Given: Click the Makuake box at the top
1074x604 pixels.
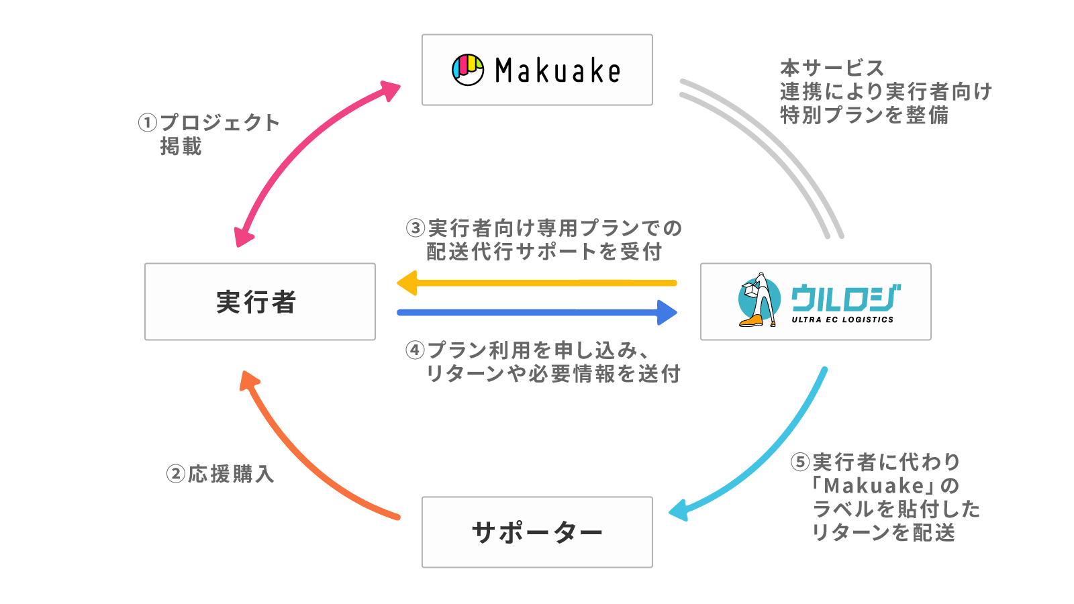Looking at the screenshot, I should click(x=537, y=70).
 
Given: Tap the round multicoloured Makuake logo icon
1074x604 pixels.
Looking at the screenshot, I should click(x=468, y=70).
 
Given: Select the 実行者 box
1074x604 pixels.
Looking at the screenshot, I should click(x=260, y=301).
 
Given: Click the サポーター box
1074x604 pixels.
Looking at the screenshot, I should click(x=537, y=532).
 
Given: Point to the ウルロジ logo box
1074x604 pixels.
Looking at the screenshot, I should click(x=816, y=301).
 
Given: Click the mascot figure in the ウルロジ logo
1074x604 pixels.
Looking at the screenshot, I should click(x=759, y=300).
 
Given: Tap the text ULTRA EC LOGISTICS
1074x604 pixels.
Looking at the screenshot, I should click(x=842, y=320).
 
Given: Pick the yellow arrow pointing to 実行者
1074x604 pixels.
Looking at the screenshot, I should click(x=537, y=283).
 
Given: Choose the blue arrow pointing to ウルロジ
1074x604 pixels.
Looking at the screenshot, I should click(x=537, y=312).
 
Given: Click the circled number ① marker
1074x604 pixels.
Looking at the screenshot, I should click(x=148, y=123).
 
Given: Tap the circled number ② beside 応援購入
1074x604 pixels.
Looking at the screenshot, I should click(x=175, y=474).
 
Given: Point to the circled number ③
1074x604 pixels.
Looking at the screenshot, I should click(x=416, y=228).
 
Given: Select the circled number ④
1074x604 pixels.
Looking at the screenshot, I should click(x=416, y=350).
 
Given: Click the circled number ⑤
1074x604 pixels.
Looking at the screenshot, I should click(x=800, y=462).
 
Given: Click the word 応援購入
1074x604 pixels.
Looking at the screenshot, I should click(x=230, y=474).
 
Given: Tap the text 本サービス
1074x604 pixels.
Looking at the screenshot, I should click(x=832, y=68).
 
